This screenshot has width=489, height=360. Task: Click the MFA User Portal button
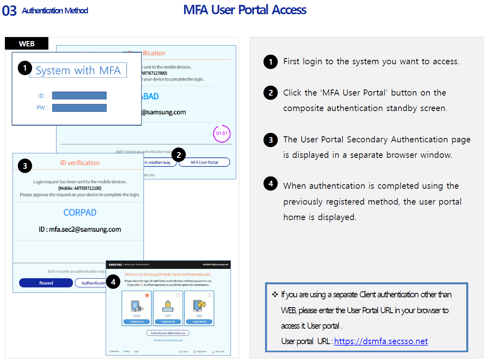[x=204, y=162]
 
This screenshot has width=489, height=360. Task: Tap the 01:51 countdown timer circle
[x=222, y=133]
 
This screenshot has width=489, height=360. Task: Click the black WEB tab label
[x=27, y=44]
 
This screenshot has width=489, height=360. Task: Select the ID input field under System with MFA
[x=79, y=96]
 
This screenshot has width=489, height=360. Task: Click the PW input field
[x=79, y=108]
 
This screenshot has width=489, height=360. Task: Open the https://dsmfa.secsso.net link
[x=381, y=341]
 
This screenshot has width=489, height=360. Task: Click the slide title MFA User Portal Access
[x=245, y=10]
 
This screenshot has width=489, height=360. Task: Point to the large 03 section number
[x=9, y=11]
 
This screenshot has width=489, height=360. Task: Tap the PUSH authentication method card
[x=137, y=308]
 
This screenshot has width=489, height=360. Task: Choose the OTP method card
[x=168, y=308]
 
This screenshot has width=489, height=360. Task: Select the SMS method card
[x=199, y=308]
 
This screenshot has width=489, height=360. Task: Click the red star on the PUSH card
[x=147, y=295]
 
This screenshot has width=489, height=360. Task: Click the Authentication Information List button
[x=168, y=333]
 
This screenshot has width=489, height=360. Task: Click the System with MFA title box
[x=78, y=70]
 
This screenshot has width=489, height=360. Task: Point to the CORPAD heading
[x=80, y=213]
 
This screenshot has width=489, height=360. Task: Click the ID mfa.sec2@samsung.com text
[x=80, y=229]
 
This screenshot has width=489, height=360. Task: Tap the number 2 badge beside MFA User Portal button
[x=178, y=155]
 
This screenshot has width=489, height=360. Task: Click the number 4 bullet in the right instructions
[x=270, y=183]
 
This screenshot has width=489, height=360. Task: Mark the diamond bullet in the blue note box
[x=275, y=294]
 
